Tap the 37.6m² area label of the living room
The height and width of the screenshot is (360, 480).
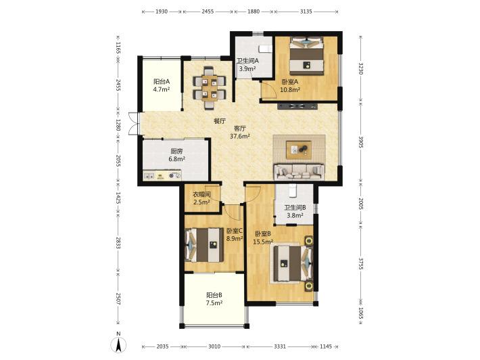coord(240,136)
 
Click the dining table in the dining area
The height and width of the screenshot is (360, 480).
coord(210,88)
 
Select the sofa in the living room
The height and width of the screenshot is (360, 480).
coord(299,172)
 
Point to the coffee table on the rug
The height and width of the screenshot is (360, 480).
coord(298,150)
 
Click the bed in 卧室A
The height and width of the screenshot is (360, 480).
coord(307,55)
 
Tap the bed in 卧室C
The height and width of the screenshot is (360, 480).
coord(204,245)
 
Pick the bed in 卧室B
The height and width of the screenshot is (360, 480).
coord(293,264)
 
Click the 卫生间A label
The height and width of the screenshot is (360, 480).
coord(247,61)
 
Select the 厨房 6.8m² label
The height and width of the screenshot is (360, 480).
coord(176,155)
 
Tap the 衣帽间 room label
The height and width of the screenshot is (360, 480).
coord(201,194)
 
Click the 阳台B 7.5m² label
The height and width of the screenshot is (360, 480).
coord(214,299)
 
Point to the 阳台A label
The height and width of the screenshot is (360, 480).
coord(162,82)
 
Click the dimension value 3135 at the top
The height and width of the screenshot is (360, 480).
coord(306,12)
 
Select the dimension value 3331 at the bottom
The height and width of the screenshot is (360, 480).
coord(280,346)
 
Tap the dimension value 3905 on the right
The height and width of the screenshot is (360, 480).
coord(360,142)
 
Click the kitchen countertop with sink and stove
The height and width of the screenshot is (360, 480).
coord(162,175)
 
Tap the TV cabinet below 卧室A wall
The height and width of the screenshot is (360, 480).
coord(297,107)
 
